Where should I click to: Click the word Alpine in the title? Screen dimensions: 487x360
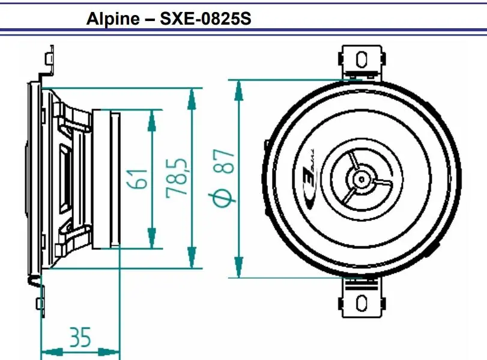(113, 19)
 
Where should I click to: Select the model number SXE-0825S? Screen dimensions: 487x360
(205, 19)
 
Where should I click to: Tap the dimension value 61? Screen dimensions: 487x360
(137, 179)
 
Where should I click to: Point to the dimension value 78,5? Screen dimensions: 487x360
(177, 178)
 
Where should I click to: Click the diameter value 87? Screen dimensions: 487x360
(223, 161)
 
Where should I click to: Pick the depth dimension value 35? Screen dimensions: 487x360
(80, 337)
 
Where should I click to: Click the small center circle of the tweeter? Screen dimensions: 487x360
(361, 179)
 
